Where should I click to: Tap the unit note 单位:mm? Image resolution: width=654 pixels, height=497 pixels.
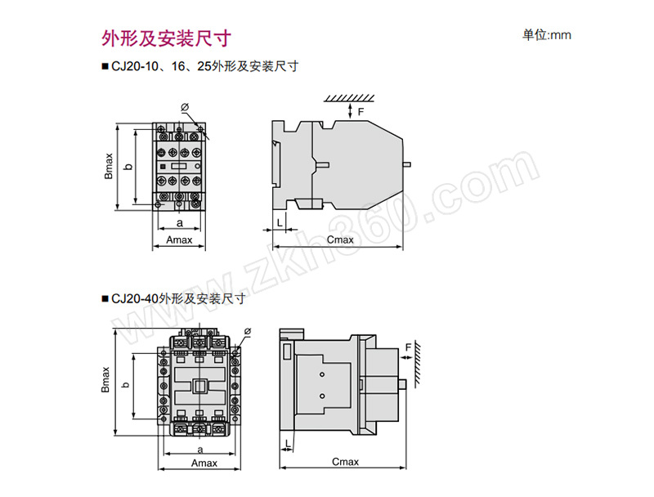[x=546, y=35]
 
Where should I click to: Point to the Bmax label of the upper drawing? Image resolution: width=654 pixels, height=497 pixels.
[x=109, y=165]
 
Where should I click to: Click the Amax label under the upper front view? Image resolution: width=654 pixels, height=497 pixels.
[x=179, y=240]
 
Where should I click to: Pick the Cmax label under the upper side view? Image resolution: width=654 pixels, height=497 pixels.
[x=340, y=240]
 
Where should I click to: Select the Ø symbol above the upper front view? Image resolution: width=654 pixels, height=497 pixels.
[x=185, y=106]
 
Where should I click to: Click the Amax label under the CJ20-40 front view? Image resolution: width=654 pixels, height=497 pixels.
[x=204, y=463]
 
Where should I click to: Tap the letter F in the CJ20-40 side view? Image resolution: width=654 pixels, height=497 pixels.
[x=407, y=348]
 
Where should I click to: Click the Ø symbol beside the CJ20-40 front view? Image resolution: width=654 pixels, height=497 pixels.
[x=248, y=331]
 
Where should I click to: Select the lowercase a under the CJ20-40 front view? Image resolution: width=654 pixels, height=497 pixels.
[x=200, y=449]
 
